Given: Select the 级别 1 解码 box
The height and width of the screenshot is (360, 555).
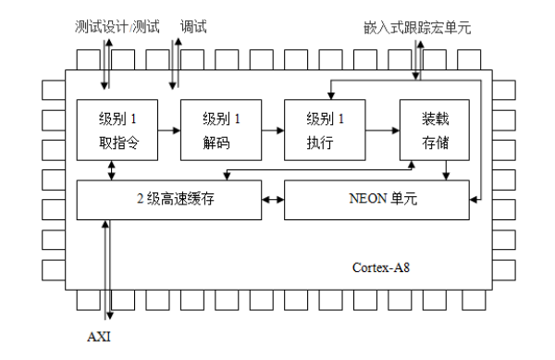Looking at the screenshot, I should tap(220, 130).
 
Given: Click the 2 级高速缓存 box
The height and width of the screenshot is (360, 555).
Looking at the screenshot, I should tap(168, 199).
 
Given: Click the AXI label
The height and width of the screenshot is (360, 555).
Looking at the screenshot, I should tap(99, 335).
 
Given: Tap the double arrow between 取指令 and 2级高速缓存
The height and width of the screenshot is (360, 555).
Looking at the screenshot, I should tap(111, 170).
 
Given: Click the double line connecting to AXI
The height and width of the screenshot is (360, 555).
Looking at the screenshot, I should tap(109, 268).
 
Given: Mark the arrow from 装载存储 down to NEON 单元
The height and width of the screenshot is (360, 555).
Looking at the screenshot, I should tap(447, 170).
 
